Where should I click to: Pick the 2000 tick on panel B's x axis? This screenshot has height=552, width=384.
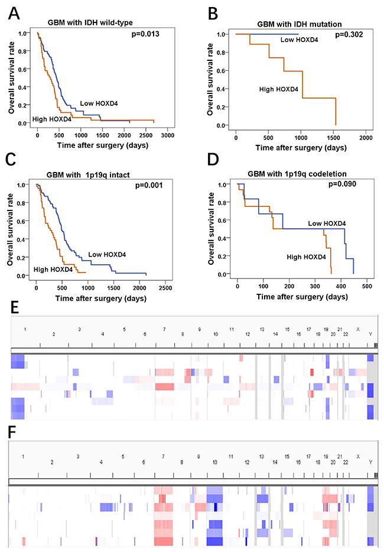click(366, 138)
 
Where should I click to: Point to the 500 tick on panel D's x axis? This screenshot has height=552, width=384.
click(367, 286)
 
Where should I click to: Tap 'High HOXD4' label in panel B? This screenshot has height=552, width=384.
click(279, 90)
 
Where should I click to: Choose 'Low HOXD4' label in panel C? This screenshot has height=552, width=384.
click(108, 255)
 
